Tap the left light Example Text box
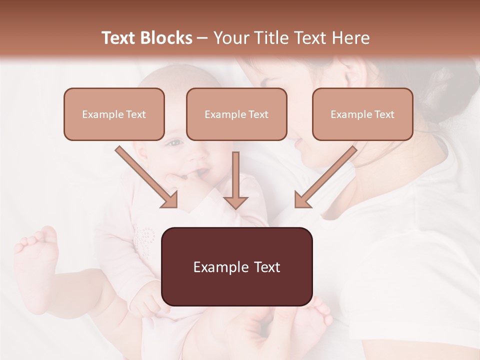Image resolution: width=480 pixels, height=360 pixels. click(x=114, y=114)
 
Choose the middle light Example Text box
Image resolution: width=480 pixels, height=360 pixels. click(x=236, y=114)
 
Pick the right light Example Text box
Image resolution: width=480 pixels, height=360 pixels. click(x=362, y=114)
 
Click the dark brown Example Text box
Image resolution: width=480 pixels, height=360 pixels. click(x=236, y=266)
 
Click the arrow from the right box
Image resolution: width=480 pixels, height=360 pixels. click(x=325, y=177)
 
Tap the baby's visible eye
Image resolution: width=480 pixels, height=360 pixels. click(x=174, y=143)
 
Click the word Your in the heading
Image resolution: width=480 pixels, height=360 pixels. click(x=229, y=38)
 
